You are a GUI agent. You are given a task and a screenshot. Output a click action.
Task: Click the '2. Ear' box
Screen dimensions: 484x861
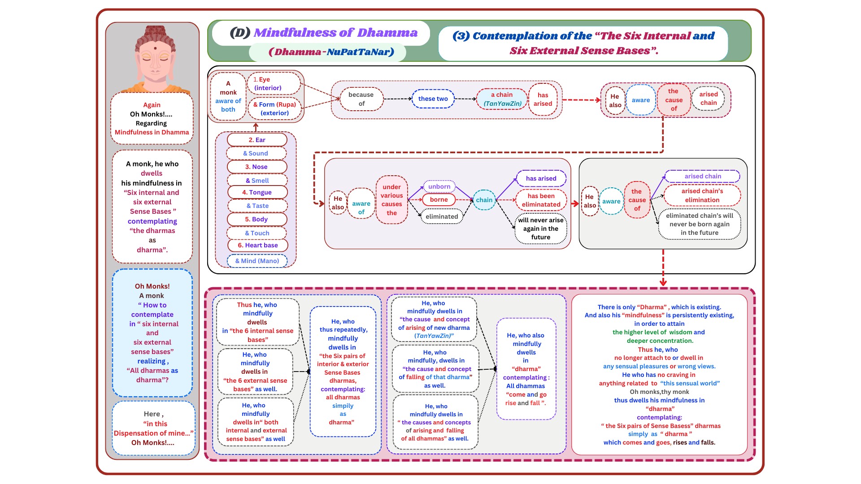(x=257, y=140)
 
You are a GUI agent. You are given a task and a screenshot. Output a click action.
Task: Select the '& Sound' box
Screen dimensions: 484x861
(x=256, y=153)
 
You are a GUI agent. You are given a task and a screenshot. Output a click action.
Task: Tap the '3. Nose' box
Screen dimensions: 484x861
(x=257, y=167)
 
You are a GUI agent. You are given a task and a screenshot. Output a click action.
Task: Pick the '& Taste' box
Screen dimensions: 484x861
(x=257, y=206)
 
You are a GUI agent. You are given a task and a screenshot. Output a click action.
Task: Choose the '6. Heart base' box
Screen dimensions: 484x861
(x=257, y=245)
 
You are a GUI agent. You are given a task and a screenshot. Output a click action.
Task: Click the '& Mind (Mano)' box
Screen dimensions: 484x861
(x=257, y=261)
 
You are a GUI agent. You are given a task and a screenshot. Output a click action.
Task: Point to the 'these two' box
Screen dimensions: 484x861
(x=433, y=99)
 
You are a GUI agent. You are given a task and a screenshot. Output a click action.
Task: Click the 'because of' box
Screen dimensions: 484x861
(x=361, y=99)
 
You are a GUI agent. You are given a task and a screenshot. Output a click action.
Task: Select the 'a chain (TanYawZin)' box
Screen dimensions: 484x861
(x=502, y=99)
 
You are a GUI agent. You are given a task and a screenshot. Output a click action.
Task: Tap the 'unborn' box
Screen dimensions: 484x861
(x=439, y=186)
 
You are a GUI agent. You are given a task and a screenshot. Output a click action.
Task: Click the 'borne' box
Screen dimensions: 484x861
(x=439, y=199)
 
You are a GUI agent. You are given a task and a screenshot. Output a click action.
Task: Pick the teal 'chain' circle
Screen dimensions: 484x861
(x=484, y=200)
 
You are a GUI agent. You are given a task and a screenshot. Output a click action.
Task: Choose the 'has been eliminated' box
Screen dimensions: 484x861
(x=541, y=200)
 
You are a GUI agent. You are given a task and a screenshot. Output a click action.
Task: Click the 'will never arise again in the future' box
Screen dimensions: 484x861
(x=541, y=229)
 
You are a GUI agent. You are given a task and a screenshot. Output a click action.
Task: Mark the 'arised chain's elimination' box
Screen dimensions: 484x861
(x=702, y=195)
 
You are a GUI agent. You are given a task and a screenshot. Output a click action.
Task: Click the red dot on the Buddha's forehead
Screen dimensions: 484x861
(x=155, y=48)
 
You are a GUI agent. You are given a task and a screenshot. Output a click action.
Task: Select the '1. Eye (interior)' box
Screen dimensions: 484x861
(x=273, y=84)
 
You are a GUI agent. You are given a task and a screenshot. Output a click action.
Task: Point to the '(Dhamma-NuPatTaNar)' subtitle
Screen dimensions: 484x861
(x=331, y=52)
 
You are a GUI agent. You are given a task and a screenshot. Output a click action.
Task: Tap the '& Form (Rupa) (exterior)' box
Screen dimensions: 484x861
(x=274, y=109)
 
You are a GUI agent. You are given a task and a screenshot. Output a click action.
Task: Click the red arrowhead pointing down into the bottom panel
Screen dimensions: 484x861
(x=663, y=283)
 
